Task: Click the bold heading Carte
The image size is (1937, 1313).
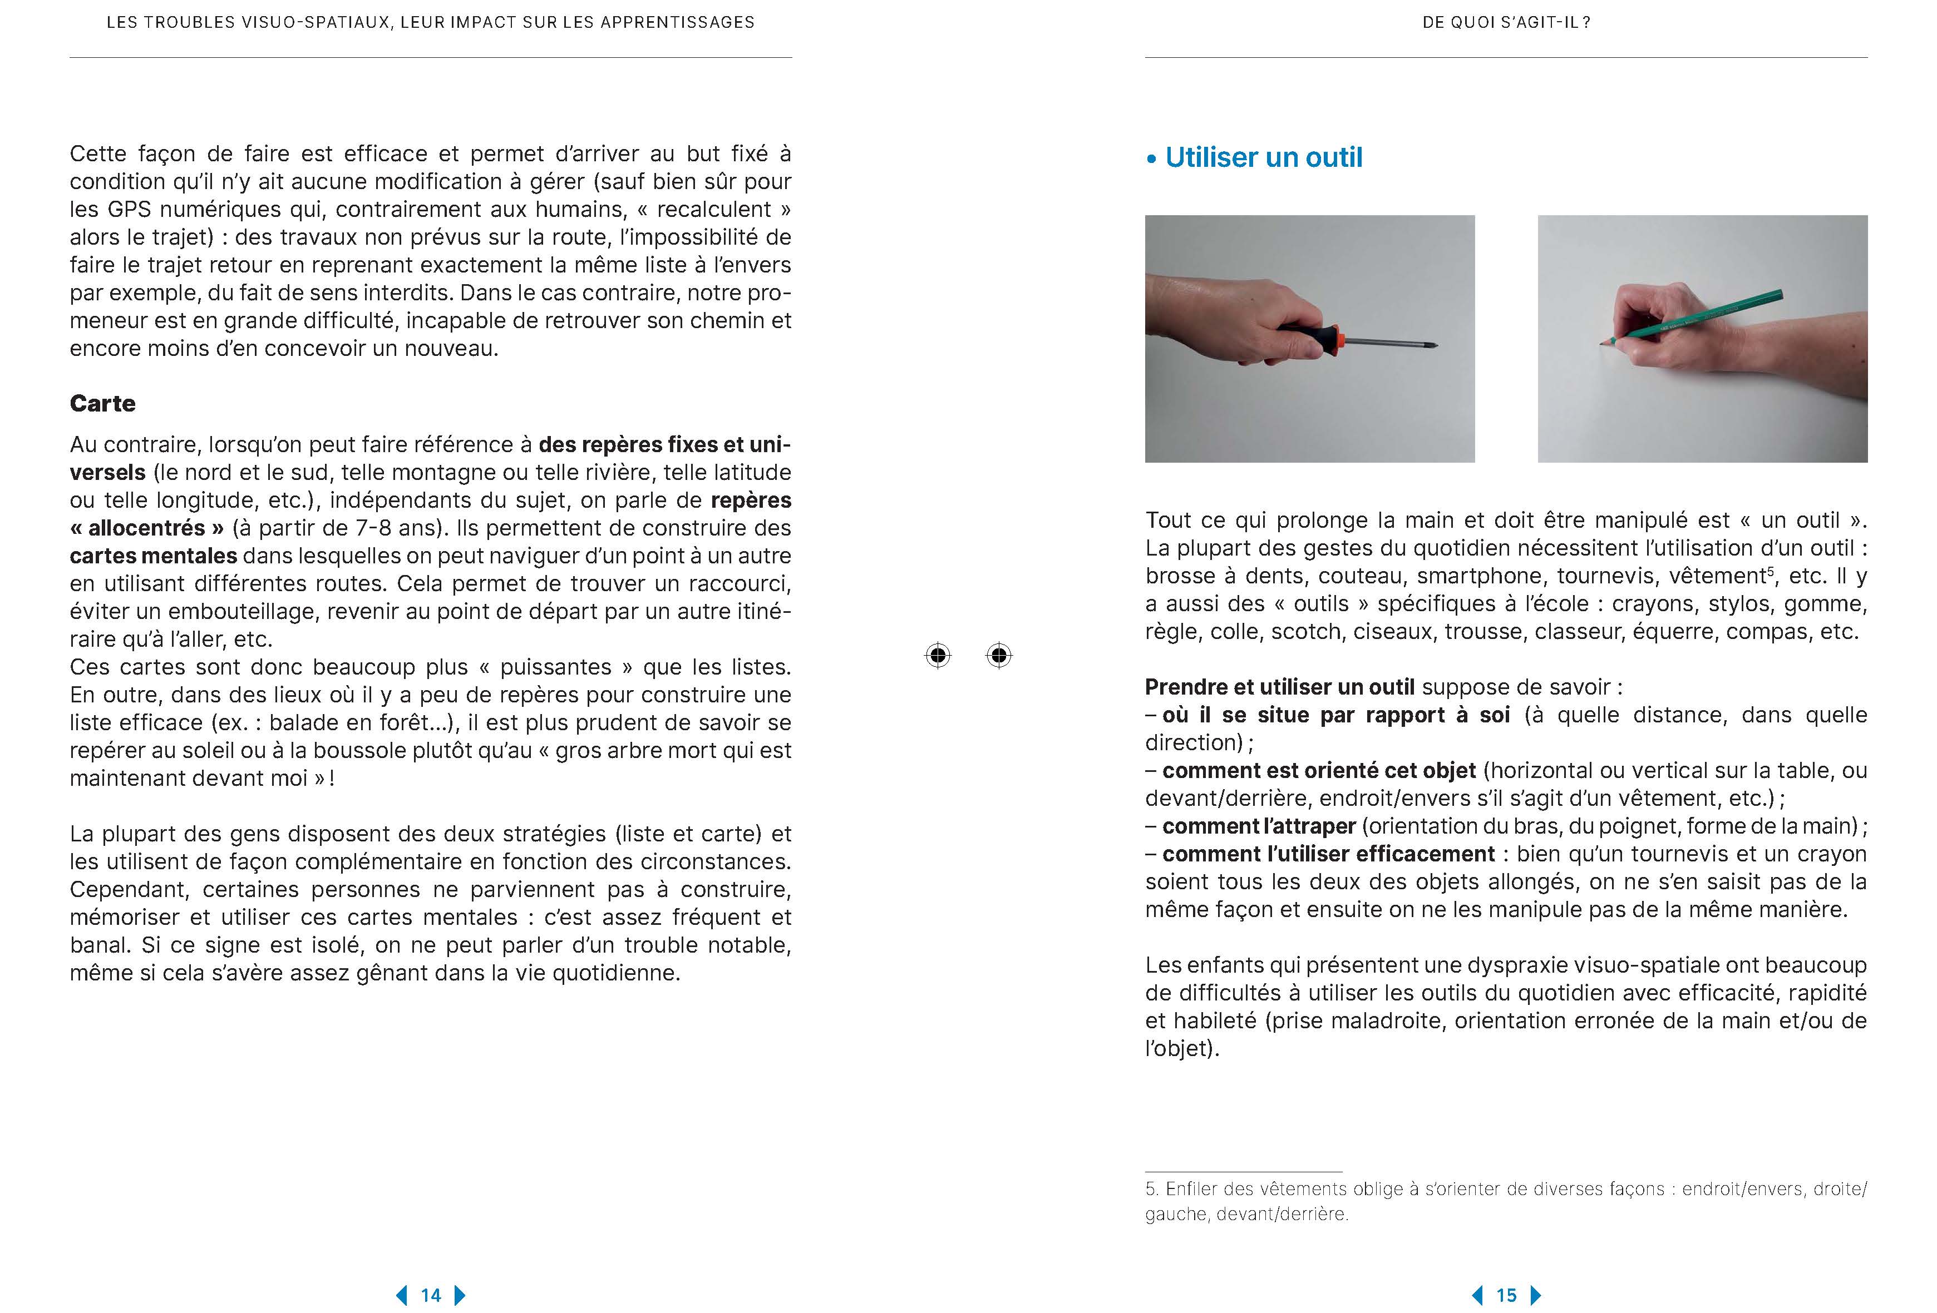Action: [x=102, y=403]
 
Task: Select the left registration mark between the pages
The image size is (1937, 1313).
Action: [x=938, y=656]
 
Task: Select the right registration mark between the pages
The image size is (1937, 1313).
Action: [x=998, y=656]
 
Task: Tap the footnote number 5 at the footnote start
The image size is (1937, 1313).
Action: [x=1150, y=1189]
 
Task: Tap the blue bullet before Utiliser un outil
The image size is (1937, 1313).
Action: [x=1152, y=159]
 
